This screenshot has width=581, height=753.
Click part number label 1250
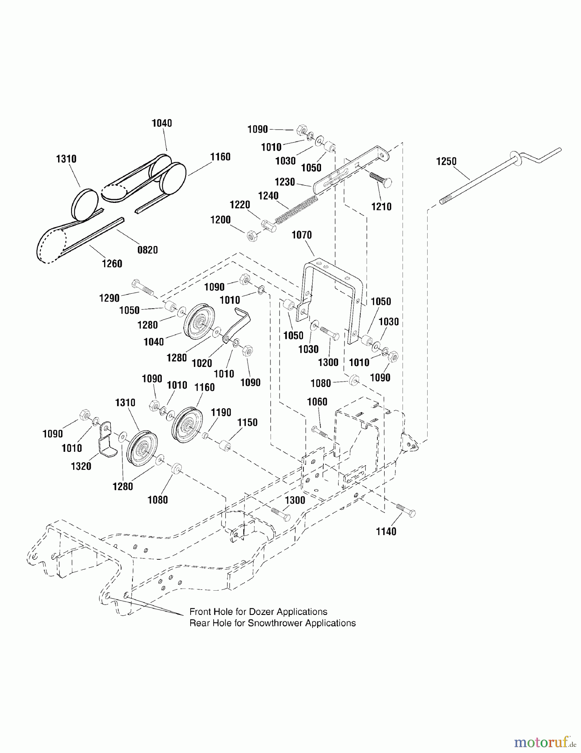coord(446,161)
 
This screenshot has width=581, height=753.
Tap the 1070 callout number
coord(301,235)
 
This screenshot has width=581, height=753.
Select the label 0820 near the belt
coord(148,250)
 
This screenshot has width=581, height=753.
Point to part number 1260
coord(112,264)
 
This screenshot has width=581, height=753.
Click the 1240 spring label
coord(268,196)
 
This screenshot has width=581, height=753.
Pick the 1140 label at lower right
coord(386,531)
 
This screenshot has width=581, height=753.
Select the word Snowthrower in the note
coord(275,623)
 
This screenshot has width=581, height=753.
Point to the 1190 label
coord(221,412)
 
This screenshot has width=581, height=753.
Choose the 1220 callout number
coord(240,205)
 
